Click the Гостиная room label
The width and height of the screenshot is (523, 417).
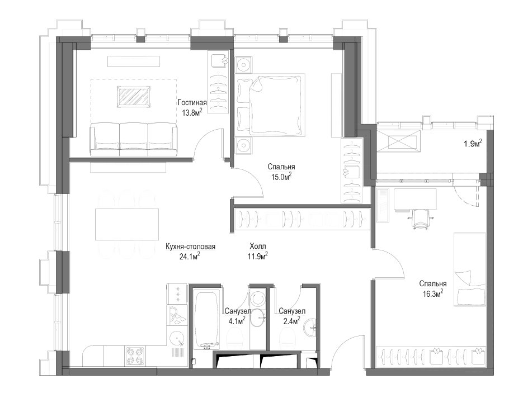point(192,102)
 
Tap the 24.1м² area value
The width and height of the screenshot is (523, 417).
point(190,256)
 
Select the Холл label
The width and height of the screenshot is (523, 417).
point(258,247)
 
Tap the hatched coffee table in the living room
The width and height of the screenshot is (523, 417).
point(134,97)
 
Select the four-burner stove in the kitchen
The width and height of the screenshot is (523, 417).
point(135,356)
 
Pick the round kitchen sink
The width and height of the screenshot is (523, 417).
point(176,339)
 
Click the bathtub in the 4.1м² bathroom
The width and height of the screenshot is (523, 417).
point(207,320)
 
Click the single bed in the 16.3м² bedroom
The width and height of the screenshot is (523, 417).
point(470,269)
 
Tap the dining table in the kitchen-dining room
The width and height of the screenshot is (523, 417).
point(127,224)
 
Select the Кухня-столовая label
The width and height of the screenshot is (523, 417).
point(190,247)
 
